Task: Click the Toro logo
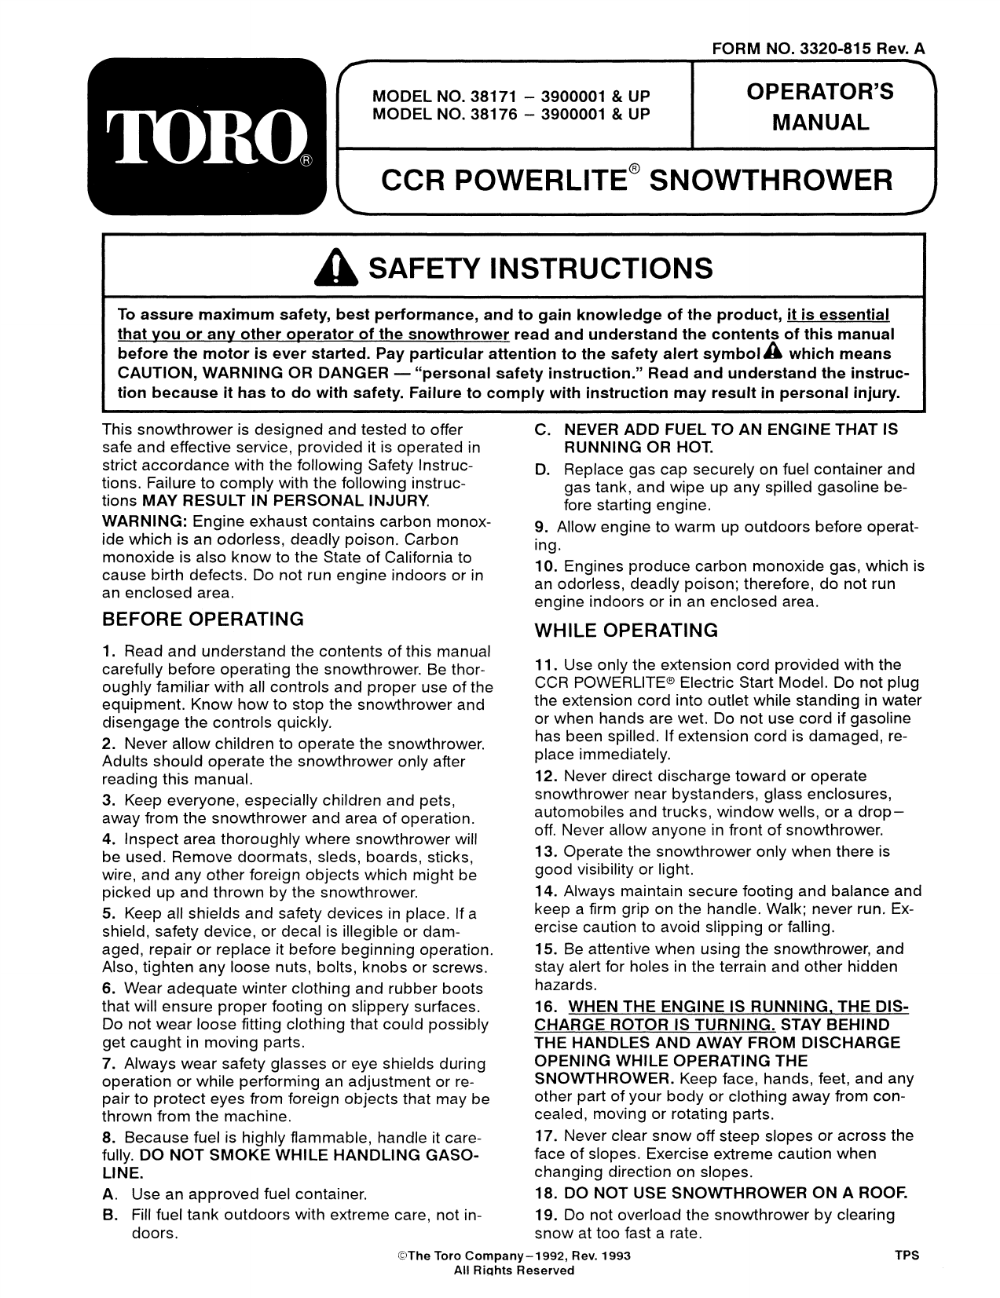point(207,136)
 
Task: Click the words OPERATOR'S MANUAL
point(819,108)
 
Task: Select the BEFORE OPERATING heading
point(203,619)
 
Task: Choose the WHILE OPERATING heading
point(626,630)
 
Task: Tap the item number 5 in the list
point(108,913)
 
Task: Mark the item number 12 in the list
point(545,776)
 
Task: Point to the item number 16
point(545,1007)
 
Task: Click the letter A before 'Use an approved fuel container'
point(108,1194)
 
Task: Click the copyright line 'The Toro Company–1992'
point(514,1256)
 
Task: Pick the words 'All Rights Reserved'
point(514,1271)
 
